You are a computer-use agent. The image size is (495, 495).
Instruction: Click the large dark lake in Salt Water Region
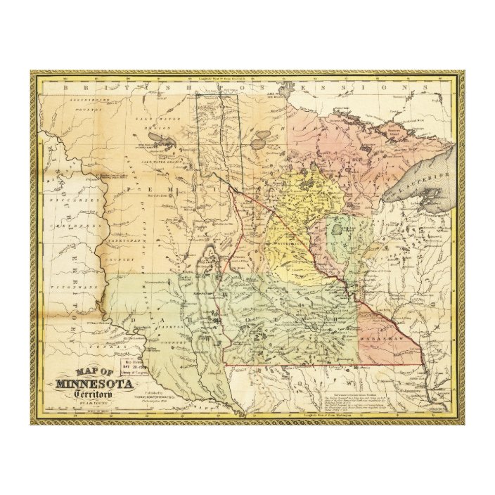(x=167, y=143)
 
